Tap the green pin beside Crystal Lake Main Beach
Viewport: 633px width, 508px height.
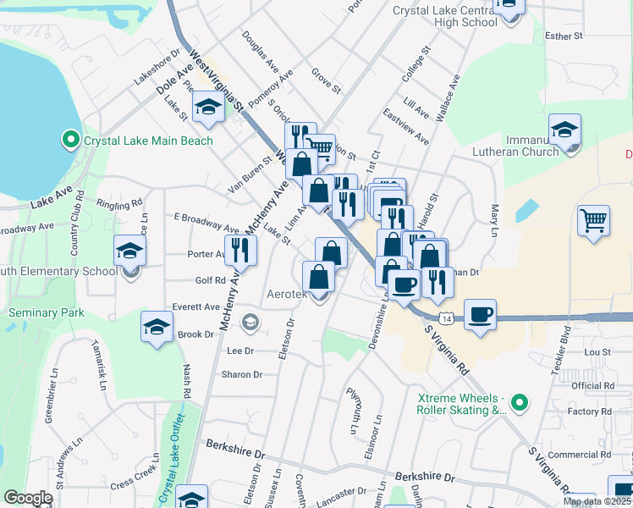coord(71,139)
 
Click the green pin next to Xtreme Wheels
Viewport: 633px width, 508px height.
coord(520,401)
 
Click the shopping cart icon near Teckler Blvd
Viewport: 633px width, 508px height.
coord(594,221)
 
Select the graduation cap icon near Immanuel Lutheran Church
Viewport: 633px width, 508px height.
coord(564,130)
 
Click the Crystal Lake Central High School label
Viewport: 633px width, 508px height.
coord(444,16)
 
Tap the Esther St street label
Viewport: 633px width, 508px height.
coord(564,36)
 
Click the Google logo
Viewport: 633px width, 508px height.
coord(28,497)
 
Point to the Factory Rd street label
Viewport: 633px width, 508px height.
coord(584,411)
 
